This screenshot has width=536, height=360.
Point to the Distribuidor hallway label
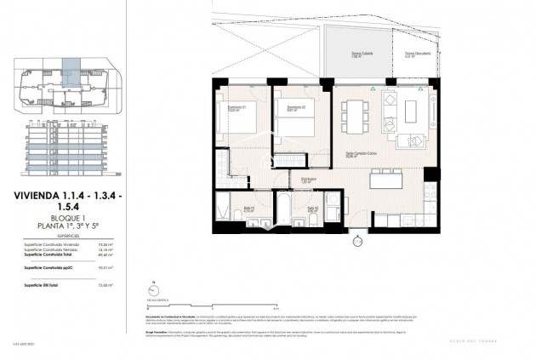[x=309, y=180]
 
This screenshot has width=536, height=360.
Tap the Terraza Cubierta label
[x=357, y=54]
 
